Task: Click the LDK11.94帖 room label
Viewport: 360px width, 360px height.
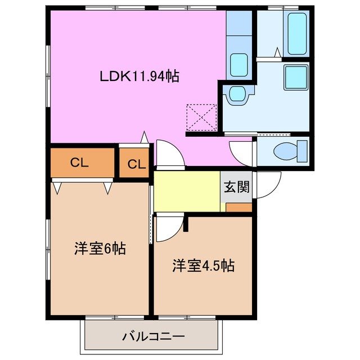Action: pyautogui.click(x=139, y=76)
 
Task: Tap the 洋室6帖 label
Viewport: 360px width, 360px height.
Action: pyautogui.click(x=100, y=248)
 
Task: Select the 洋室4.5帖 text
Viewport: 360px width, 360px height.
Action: pyautogui.click(x=203, y=265)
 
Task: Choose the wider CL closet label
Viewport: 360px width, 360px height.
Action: pyautogui.click(x=80, y=163)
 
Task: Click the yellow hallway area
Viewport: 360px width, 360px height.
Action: pyautogui.click(x=186, y=192)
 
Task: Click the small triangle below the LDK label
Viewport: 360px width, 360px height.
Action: pyautogui.click(x=145, y=136)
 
